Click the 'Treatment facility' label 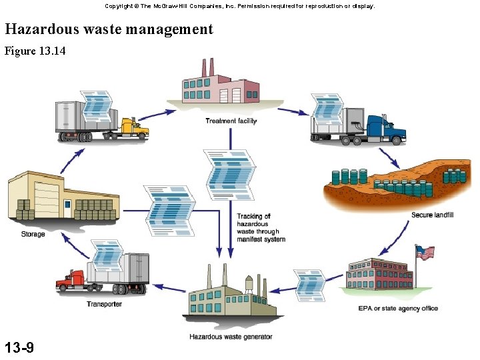tap(231, 121)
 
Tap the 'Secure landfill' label tap(432, 215)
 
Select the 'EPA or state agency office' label tap(398, 308)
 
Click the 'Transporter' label tap(104, 304)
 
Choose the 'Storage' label tap(33, 234)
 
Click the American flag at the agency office tap(425, 253)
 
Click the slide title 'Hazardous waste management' tap(109, 29)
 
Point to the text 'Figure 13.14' tap(35, 51)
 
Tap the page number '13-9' tap(19, 347)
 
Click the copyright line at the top tap(239, 6)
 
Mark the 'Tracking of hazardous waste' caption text tap(261, 227)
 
